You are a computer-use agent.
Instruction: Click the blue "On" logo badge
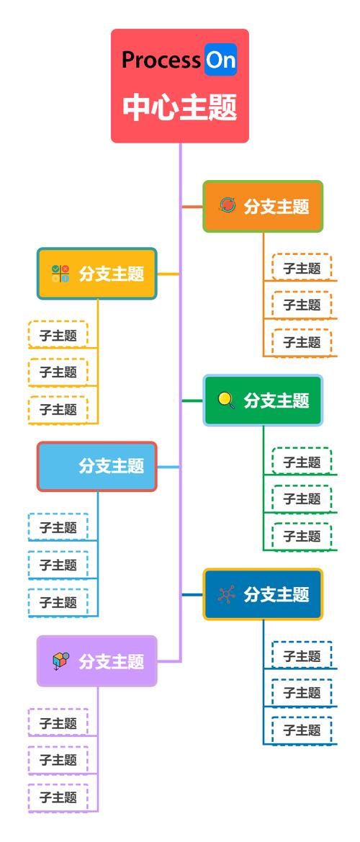220,61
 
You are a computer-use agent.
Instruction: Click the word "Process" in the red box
161,61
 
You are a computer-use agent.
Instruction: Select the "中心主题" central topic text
180,108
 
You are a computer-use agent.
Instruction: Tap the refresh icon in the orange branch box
228,206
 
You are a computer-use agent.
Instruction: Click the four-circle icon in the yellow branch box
60,274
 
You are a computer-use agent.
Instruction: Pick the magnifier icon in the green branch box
227,400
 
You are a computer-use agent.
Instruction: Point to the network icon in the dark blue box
227,594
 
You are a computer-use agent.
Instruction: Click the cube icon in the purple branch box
60,661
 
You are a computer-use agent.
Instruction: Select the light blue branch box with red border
96,466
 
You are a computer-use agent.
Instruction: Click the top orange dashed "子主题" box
302,268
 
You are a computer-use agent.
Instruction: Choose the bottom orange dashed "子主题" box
302,342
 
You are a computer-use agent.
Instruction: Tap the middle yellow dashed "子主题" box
58,372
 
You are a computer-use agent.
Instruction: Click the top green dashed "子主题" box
302,462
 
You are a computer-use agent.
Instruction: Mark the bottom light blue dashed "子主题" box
58,602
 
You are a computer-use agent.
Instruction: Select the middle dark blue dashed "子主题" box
302,693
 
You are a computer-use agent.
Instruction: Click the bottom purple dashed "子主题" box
58,797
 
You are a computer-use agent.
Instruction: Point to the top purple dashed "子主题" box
58,722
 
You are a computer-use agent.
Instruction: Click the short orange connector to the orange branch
192,207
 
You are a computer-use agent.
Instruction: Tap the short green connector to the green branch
192,400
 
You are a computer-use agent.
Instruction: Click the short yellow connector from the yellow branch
167,274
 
